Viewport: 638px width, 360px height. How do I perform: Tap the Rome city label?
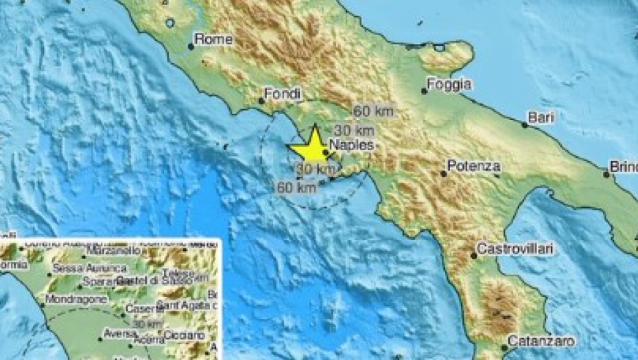[x=213, y=40]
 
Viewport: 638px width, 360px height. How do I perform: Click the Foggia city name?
[x=449, y=84]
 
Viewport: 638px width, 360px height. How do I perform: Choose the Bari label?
[x=541, y=118]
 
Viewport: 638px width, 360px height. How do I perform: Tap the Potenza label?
[x=473, y=166]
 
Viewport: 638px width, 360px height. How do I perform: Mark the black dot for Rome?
[x=191, y=47]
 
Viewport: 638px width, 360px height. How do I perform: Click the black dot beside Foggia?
[x=425, y=91]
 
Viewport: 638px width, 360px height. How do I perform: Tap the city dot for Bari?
[x=525, y=125]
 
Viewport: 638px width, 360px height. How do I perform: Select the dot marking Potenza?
[x=444, y=173]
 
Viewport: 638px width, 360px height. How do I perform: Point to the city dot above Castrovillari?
[x=474, y=256]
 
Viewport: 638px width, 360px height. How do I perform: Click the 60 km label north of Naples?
[x=371, y=111]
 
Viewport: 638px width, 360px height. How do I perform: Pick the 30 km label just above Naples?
[x=354, y=129]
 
